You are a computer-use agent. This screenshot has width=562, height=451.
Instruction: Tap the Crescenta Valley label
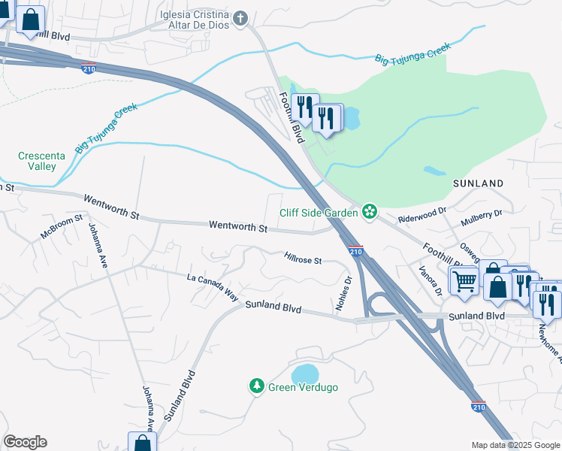pyautogui.click(x=41, y=161)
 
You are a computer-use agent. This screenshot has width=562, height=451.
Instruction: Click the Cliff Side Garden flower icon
pyautogui.click(x=369, y=212)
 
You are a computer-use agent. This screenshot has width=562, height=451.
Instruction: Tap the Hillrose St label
pyautogui.click(x=303, y=260)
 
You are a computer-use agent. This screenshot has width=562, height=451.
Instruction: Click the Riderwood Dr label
pyautogui.click(x=422, y=218)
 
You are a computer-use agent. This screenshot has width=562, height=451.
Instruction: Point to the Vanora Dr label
pyautogui.click(x=431, y=279)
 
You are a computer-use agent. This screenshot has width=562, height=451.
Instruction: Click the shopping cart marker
pyautogui.click(x=464, y=281)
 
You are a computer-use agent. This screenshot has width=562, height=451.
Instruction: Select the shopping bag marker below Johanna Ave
pyautogui.click(x=142, y=443)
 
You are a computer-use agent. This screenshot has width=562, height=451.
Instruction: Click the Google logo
pyautogui.click(x=25, y=442)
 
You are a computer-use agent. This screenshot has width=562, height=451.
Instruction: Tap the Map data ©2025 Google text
pyautogui.click(x=515, y=445)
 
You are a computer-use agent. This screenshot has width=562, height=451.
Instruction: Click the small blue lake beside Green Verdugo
pyautogui.click(x=305, y=374)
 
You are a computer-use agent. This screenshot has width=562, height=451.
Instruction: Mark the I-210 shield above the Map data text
pyautogui.click(x=479, y=406)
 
